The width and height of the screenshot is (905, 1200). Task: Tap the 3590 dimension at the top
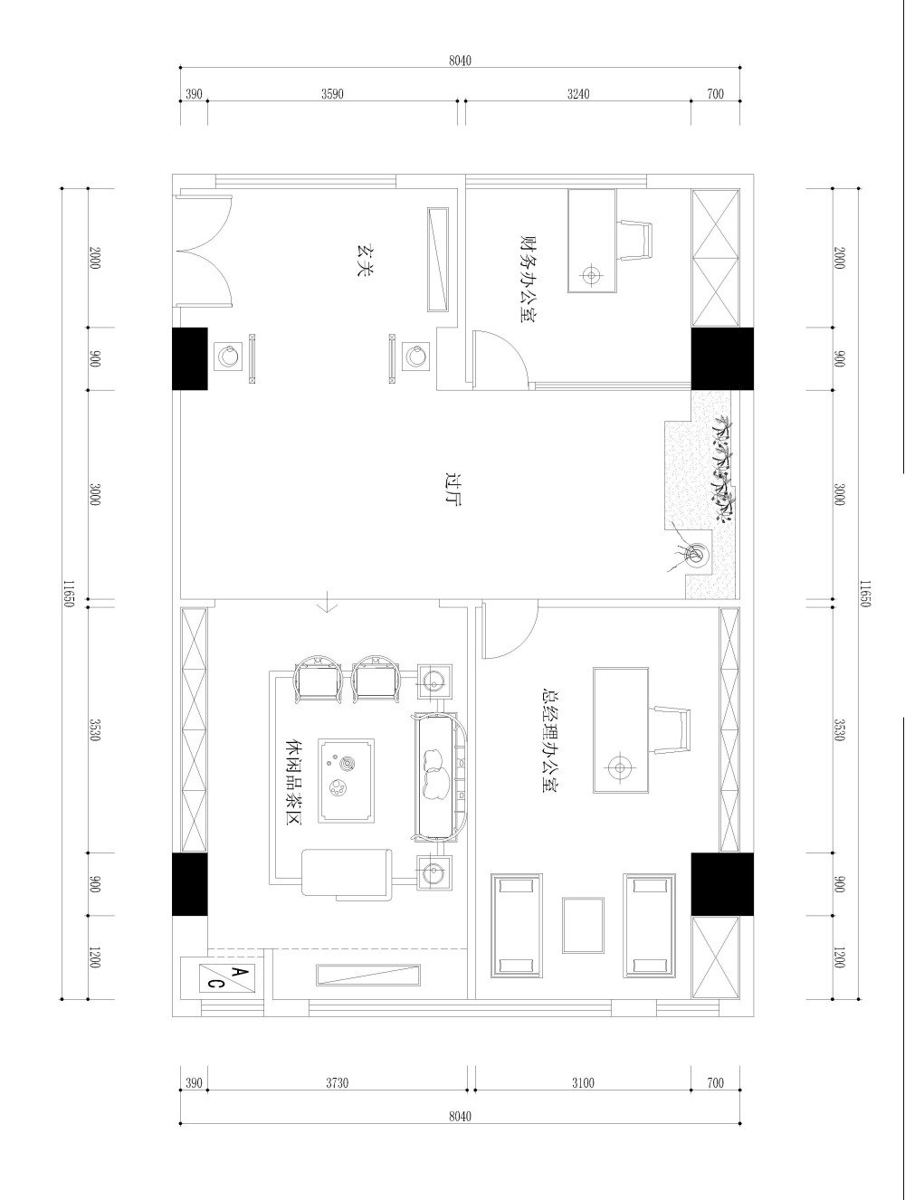tap(332, 94)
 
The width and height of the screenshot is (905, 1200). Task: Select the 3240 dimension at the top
tap(577, 94)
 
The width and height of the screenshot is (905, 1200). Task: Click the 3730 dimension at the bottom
tap(337, 1082)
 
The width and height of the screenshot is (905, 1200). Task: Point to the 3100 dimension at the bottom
tap(583, 1082)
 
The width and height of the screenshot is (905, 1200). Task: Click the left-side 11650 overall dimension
tap(68, 594)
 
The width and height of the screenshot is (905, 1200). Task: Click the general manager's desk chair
tap(672, 729)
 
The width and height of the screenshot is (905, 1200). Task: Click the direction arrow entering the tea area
tap(327, 602)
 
